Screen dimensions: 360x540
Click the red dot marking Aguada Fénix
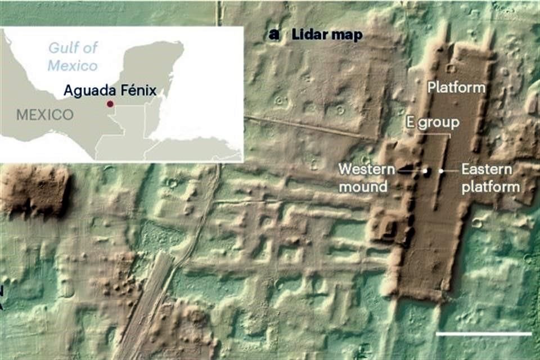click(110, 104)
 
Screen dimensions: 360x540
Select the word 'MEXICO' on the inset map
click(44, 115)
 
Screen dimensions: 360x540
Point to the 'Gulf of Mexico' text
click(72, 57)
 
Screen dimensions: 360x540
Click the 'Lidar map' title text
click(327, 35)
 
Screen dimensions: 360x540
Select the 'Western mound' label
click(363, 178)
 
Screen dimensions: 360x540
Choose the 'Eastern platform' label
click(490, 178)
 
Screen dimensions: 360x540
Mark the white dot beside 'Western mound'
click(426, 170)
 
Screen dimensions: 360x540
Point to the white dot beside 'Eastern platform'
click(442, 170)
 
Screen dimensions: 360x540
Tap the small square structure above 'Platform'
click(451, 69)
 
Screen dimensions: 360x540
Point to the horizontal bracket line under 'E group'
click(433, 134)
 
